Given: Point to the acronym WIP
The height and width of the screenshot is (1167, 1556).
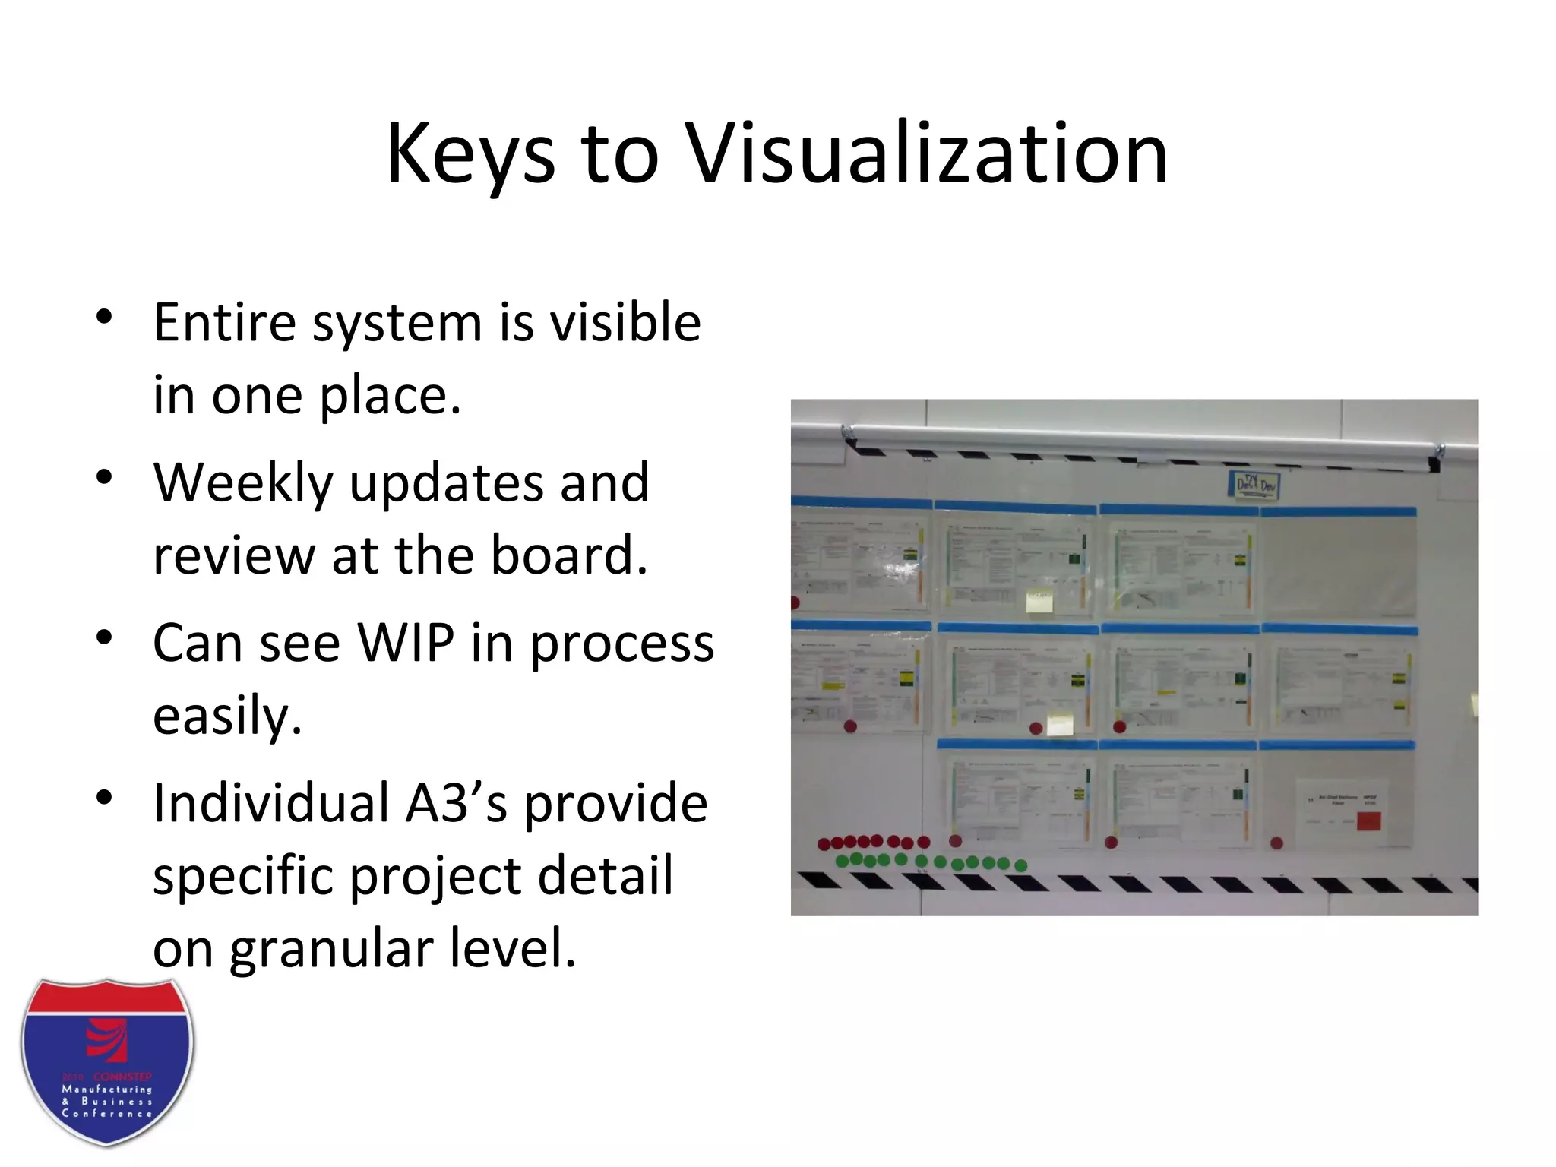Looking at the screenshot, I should coord(406,644).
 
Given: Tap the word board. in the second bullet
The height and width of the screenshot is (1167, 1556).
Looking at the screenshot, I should coord(570,555).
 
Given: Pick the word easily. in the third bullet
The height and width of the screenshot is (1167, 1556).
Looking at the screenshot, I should coord(227,716).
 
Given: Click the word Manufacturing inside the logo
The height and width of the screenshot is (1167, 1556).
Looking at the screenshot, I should coord(107,1090).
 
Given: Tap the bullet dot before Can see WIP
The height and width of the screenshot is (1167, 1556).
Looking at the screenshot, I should coord(105,637).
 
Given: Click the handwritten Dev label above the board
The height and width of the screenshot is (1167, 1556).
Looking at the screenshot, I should coord(1254,484).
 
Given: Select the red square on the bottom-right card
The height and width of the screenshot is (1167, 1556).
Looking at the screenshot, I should coord(1368,821).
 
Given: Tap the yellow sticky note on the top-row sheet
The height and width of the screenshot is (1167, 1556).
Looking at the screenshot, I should coord(1039,600).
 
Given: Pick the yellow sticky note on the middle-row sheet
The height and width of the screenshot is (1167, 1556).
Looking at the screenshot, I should coord(1060,724).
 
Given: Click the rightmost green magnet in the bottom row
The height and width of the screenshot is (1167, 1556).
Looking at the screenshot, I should coord(1020,865).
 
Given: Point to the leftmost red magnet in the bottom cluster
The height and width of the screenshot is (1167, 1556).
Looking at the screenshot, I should coord(824,844).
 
